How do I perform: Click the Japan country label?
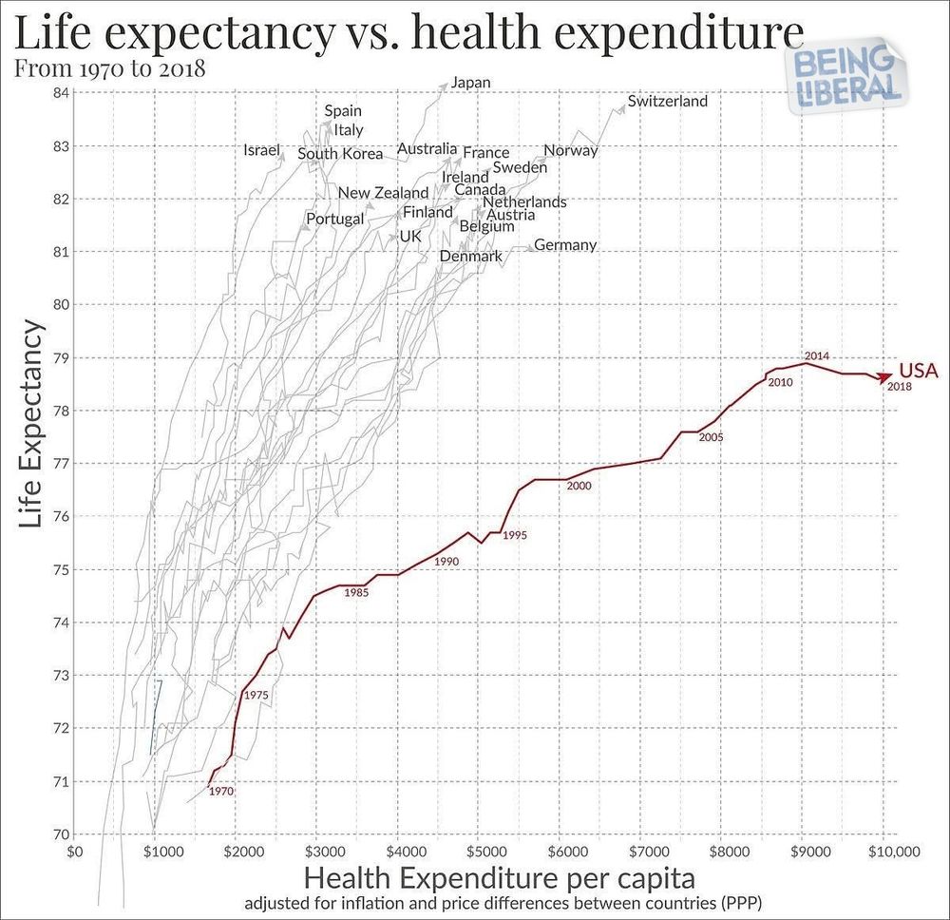click(470, 83)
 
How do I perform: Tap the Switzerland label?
click(668, 101)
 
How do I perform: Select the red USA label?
click(919, 371)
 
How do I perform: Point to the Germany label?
click(565, 245)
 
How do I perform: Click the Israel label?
click(262, 150)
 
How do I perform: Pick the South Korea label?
click(340, 154)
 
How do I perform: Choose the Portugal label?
click(334, 219)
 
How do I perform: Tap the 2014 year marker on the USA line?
click(817, 356)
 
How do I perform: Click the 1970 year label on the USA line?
click(221, 791)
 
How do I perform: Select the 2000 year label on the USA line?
click(579, 486)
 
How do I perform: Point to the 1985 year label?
click(356, 593)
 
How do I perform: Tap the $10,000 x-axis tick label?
click(883, 852)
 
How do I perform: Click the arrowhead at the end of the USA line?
click(885, 376)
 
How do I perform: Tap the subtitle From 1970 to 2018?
click(111, 68)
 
